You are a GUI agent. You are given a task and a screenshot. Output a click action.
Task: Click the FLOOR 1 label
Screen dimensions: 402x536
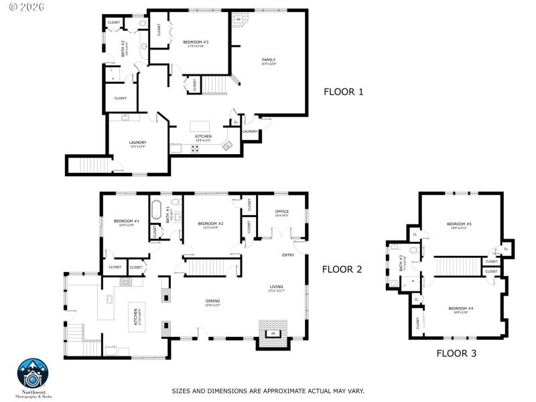click(x=343, y=92)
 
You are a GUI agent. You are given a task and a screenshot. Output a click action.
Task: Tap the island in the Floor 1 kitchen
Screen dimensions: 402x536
click(x=200, y=126)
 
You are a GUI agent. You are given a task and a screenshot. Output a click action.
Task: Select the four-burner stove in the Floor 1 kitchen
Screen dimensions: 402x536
click(x=196, y=149)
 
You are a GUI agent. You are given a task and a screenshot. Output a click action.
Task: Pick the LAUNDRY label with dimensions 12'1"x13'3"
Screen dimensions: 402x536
click(x=137, y=143)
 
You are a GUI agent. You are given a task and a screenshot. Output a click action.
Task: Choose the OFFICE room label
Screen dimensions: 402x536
click(x=281, y=212)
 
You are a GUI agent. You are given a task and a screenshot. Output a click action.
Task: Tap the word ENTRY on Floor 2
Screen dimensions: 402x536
click(x=288, y=255)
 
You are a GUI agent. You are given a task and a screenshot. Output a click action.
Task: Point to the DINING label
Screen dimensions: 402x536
click(x=213, y=301)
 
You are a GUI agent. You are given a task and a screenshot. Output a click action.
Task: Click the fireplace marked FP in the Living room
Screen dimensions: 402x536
click(x=273, y=333)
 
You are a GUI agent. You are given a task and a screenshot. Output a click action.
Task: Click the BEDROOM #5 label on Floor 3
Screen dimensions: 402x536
click(x=460, y=225)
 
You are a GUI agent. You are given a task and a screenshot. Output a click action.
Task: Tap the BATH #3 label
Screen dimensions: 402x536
click(x=401, y=262)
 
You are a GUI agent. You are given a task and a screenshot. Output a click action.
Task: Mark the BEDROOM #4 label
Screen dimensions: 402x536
click(x=459, y=309)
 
